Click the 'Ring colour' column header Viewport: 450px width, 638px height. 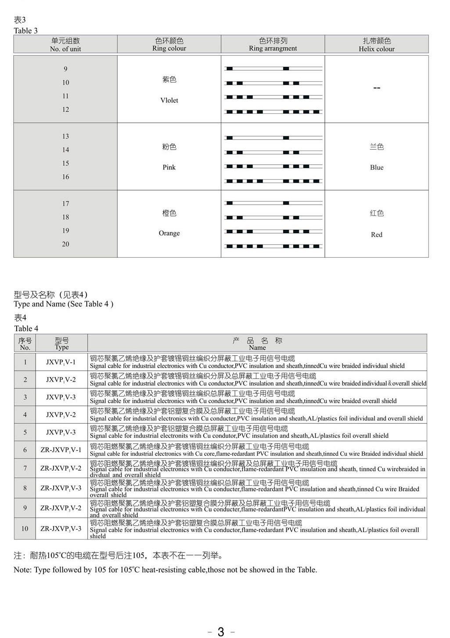169,44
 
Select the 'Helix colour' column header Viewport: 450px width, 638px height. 376,45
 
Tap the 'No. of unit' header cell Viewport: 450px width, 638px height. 65,45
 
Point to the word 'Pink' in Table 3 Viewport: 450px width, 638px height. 169,167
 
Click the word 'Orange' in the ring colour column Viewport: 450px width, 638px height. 169,233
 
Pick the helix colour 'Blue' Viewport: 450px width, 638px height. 376,167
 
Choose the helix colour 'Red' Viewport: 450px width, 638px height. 376,234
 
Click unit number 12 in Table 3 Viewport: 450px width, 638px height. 65,109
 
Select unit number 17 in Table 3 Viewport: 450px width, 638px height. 65,203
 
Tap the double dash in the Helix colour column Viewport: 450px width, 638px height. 376,88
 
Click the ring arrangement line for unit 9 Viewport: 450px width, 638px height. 273,68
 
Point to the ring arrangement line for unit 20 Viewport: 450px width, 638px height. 273,246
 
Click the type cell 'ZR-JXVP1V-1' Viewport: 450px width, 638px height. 61,450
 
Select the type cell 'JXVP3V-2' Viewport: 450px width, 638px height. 61,415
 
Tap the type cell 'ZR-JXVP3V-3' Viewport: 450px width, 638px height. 61,529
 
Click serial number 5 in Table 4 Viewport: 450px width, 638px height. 25,432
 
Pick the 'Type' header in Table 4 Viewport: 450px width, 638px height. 61,343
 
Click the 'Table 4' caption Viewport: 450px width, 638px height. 26,328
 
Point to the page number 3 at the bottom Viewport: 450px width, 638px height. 221,631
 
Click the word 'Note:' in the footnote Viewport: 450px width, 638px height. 22,570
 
